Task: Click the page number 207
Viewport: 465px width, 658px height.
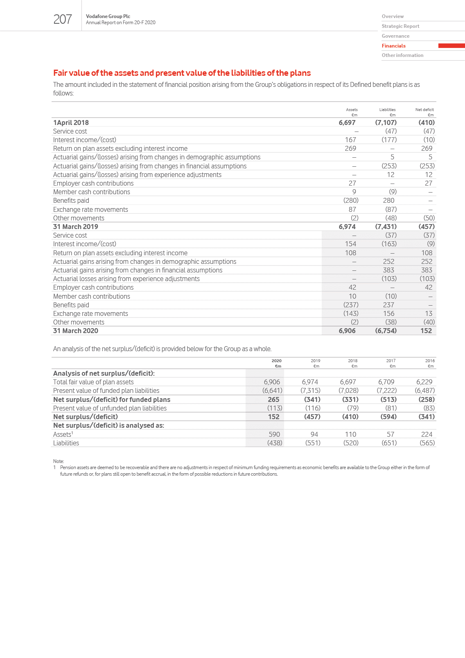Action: pos(63,19)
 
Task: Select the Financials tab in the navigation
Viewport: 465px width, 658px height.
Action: pos(394,46)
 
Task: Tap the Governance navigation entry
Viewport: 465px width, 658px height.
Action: pos(395,36)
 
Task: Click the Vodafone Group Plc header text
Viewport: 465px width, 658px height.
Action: pos(108,16)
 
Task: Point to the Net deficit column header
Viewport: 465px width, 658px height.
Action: pos(424,110)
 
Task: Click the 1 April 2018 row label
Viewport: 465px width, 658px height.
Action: pos(71,123)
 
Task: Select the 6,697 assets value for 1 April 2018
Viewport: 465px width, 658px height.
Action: pos(347,123)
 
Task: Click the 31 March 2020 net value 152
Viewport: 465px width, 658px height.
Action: pos(426,331)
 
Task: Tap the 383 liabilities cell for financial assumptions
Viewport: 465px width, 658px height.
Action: pos(388,270)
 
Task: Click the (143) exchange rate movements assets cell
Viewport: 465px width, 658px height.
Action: pos(351,313)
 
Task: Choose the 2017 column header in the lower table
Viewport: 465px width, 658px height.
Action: pos(391,361)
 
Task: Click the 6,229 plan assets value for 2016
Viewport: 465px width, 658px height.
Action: pos(424,382)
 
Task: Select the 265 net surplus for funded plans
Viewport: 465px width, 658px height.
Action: pos(273,399)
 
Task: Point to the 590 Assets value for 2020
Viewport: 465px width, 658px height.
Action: pos(274,434)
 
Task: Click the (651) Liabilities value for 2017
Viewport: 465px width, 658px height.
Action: pos(389,443)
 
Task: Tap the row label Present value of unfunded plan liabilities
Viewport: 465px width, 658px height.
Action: pos(110,408)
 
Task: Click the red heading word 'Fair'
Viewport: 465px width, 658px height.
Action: pos(60,73)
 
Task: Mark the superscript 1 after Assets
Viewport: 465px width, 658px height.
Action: pos(72,433)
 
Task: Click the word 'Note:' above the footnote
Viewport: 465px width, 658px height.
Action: pos(59,461)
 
